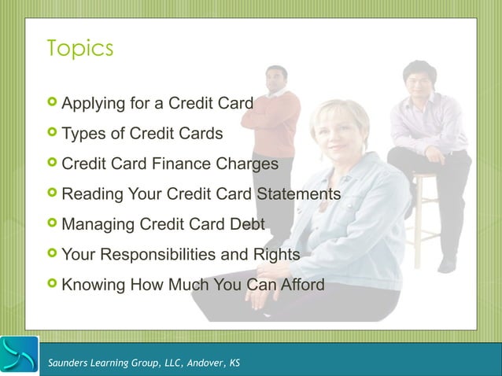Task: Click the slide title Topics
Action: [x=79, y=49]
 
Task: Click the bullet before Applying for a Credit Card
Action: [x=52, y=102]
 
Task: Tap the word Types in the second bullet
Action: [x=83, y=134]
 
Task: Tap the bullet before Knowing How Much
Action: [x=52, y=283]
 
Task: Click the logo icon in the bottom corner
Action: [x=20, y=356]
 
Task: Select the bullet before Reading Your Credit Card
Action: [x=52, y=193]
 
